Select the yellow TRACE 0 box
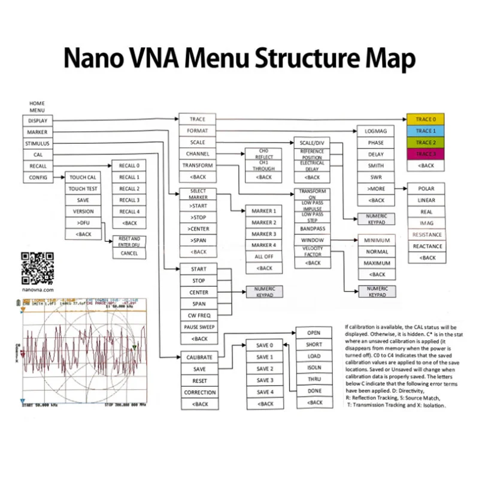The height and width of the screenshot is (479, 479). click(x=425, y=119)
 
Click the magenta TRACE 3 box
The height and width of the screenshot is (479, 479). click(x=425, y=154)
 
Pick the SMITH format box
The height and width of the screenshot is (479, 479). click(x=375, y=166)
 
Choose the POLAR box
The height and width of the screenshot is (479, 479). click(x=427, y=189)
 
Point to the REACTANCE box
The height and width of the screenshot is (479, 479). click(x=427, y=246)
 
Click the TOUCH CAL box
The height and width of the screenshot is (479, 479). click(x=83, y=178)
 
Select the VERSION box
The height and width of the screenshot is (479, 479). click(x=83, y=212)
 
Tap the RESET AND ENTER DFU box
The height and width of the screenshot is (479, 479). click(x=129, y=241)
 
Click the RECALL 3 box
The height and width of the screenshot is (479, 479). click(x=129, y=200)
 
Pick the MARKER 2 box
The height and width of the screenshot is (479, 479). click(x=263, y=223)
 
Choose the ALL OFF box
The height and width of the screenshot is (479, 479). click(x=263, y=257)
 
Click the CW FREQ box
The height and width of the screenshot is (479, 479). click(x=199, y=316)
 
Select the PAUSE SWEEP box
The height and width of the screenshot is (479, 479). click(x=199, y=327)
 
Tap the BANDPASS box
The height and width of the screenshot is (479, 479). click(x=313, y=228)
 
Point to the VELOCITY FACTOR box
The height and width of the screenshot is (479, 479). click(x=313, y=251)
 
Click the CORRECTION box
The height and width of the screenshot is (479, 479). click(x=199, y=392)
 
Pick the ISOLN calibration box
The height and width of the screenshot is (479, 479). click(x=314, y=368)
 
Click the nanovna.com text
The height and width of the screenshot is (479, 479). click(x=38, y=288)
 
